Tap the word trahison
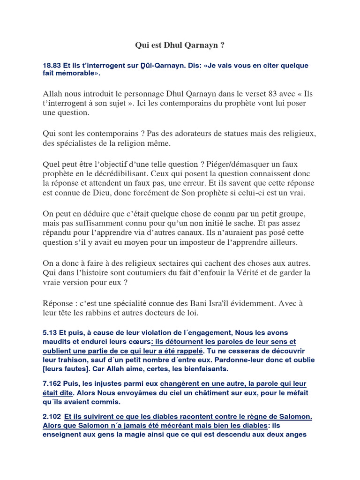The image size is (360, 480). (x=67, y=360)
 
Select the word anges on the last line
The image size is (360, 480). (x=296, y=435)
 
